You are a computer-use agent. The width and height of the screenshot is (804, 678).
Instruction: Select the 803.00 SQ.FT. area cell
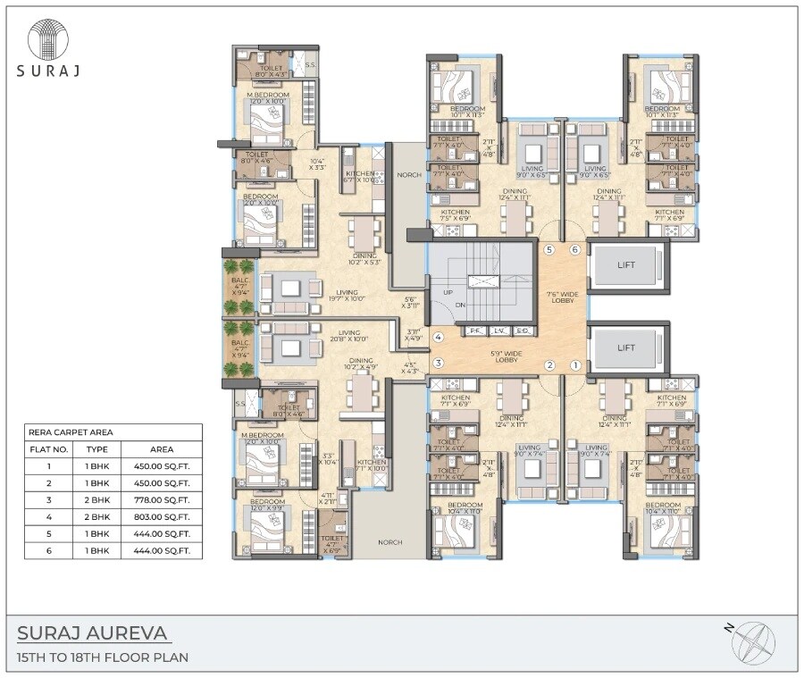coord(162,516)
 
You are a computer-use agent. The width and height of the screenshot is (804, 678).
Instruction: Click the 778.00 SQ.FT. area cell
coord(162,499)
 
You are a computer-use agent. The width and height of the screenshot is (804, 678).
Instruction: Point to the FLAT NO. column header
coord(49,449)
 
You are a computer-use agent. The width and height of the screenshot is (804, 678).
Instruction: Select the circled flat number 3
coord(439,363)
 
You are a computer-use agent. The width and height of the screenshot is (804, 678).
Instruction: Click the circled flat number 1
coord(575,364)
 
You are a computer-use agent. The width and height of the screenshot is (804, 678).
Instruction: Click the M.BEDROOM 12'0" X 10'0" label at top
coord(268,98)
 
